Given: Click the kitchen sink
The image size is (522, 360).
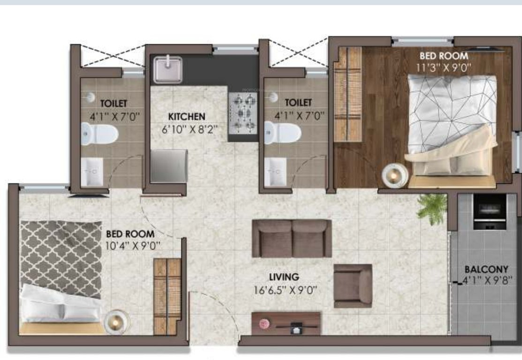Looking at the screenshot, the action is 168,69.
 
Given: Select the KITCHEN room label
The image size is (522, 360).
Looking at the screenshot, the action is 187,117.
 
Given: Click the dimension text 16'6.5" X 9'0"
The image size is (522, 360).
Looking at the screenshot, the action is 285,290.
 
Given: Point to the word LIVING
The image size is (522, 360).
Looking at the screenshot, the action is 284,277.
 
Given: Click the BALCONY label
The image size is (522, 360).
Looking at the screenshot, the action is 486,269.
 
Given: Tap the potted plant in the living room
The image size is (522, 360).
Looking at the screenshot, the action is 432,209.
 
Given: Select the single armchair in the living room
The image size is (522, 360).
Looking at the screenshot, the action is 353,286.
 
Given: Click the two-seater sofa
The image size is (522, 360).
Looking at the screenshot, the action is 292,238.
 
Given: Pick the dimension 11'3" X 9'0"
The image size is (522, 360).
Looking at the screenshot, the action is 443,68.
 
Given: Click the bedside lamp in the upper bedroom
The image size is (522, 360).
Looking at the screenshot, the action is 395,175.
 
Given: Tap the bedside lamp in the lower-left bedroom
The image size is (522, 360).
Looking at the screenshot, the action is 116,322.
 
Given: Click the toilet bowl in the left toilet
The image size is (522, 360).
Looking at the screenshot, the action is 99,134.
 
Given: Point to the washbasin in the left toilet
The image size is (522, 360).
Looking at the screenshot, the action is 92,172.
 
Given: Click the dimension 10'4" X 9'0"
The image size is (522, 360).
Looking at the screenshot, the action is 133,246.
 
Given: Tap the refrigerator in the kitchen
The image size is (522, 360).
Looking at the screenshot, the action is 169,166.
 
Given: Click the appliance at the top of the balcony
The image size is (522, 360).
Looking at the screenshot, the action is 490,212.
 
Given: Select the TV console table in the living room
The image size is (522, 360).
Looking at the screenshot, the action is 286,323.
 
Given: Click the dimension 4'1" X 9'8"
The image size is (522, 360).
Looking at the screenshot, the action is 487,281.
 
